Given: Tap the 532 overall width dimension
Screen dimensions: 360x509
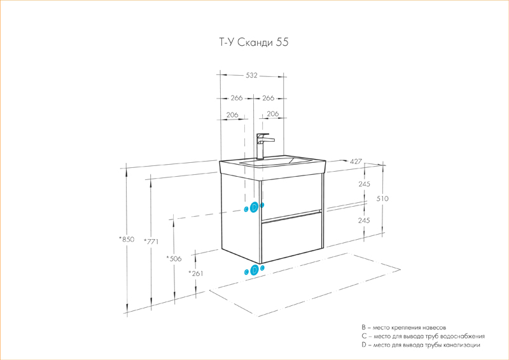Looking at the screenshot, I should click(x=251, y=75).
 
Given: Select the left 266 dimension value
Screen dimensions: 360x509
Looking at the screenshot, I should click(x=236, y=98).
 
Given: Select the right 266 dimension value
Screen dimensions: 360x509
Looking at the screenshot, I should click(x=267, y=98).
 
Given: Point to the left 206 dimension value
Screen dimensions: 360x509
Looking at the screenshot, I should click(x=232, y=115).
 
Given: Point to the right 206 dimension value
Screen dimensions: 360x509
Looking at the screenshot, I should click(x=273, y=115).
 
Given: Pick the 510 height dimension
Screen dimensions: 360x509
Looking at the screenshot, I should click(x=382, y=199).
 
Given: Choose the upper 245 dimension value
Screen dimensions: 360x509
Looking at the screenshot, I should click(x=364, y=184).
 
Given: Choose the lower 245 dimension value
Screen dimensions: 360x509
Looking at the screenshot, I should click(x=364, y=220).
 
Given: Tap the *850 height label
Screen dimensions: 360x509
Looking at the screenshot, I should click(x=127, y=239).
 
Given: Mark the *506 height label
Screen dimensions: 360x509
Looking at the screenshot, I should click(x=173, y=258).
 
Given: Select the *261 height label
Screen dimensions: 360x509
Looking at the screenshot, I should click(x=195, y=273).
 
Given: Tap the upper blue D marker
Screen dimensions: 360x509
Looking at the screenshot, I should click(x=254, y=207).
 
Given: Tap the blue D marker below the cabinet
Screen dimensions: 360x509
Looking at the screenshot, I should click(x=254, y=270).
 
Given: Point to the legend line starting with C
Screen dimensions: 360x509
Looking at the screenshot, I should click(x=423, y=335).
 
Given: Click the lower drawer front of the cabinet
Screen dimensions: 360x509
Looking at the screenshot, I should click(x=291, y=239).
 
